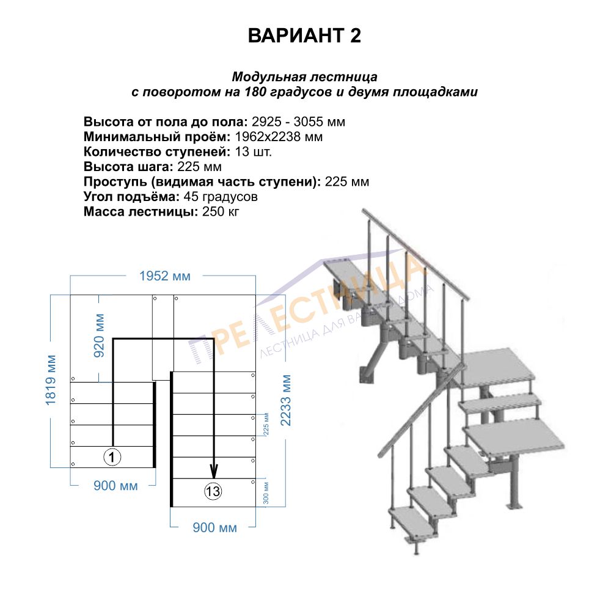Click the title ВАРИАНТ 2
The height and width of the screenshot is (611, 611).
[x=304, y=35]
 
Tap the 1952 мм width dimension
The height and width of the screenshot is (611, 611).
[x=165, y=276]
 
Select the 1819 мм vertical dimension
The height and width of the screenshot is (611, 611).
[x=51, y=380]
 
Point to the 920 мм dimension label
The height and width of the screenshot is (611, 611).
[x=100, y=335]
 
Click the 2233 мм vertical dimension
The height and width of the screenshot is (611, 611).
[x=286, y=400]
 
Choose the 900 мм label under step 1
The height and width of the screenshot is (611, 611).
[x=115, y=486]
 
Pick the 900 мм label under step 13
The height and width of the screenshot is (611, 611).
[x=214, y=528]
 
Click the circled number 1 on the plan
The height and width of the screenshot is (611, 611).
[x=112, y=456]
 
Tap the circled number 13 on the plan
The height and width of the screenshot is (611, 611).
[x=213, y=491]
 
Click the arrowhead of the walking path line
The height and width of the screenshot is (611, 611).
[x=213, y=472]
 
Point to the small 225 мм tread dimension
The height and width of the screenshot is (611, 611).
[x=266, y=424]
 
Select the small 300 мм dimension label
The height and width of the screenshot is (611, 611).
[x=266, y=493]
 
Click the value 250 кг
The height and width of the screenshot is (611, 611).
[x=221, y=211]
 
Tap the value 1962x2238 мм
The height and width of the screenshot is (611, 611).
[x=279, y=137]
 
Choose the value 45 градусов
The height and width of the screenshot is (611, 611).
[x=221, y=197]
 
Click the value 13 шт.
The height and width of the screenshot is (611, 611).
[x=254, y=152]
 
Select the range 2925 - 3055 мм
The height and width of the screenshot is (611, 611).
[x=299, y=122]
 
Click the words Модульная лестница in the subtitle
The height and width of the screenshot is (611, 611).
[x=305, y=77]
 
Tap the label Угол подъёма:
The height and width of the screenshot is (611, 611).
[x=132, y=197]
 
